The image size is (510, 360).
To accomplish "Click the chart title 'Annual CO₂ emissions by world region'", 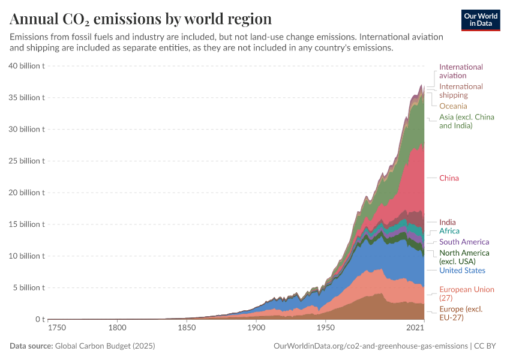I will [140, 18].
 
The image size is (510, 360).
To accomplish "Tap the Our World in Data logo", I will [480, 20].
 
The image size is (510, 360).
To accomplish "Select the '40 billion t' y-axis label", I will [26, 66].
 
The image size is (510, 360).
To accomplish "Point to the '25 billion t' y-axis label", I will [26, 161].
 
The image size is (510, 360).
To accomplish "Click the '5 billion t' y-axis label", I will [29, 287].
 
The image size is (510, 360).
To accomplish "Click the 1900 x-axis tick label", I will [256, 328].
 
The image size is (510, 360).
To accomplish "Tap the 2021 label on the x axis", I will [416, 328].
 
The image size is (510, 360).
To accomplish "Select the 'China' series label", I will [449, 178].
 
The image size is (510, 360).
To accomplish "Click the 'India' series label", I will [447, 223].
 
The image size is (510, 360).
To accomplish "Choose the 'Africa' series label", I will [449, 231].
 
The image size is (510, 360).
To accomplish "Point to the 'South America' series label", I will [464, 242].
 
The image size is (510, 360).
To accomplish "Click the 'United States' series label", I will [462, 271].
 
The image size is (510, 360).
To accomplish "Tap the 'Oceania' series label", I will [453, 106].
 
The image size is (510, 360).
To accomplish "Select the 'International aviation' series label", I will [461, 71].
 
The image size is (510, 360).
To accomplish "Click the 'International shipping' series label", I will [461, 91].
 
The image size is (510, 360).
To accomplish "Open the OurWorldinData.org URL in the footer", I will [370, 346].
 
